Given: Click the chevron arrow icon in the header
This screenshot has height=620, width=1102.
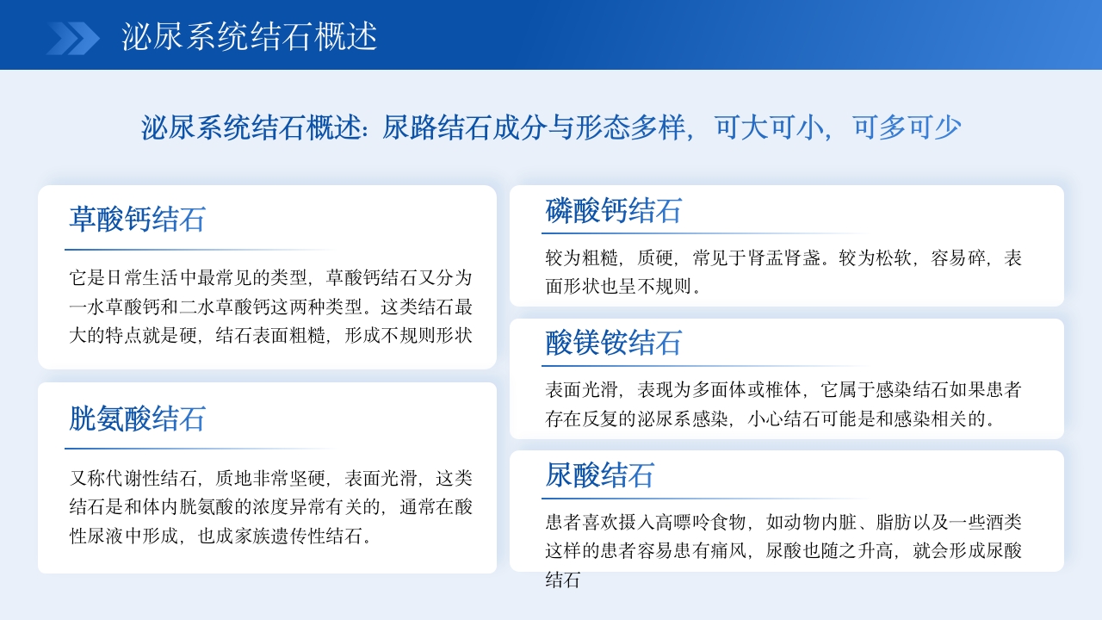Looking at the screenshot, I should click(73, 38).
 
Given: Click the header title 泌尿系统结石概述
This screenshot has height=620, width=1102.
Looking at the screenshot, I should click(250, 37).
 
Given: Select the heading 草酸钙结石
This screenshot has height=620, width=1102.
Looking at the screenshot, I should click(138, 220).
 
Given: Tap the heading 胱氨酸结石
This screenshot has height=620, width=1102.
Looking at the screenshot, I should click(138, 419).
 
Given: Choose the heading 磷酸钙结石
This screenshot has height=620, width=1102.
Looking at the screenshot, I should click(614, 210).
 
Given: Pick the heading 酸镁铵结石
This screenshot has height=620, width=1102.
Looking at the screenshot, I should click(614, 343).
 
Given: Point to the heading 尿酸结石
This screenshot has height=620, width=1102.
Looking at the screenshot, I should click(600, 475).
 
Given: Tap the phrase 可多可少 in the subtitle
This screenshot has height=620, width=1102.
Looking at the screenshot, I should click(907, 128).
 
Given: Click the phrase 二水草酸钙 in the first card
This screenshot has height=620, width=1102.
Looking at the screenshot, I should click(225, 307).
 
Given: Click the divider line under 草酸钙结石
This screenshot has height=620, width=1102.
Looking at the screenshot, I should click(198, 250).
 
